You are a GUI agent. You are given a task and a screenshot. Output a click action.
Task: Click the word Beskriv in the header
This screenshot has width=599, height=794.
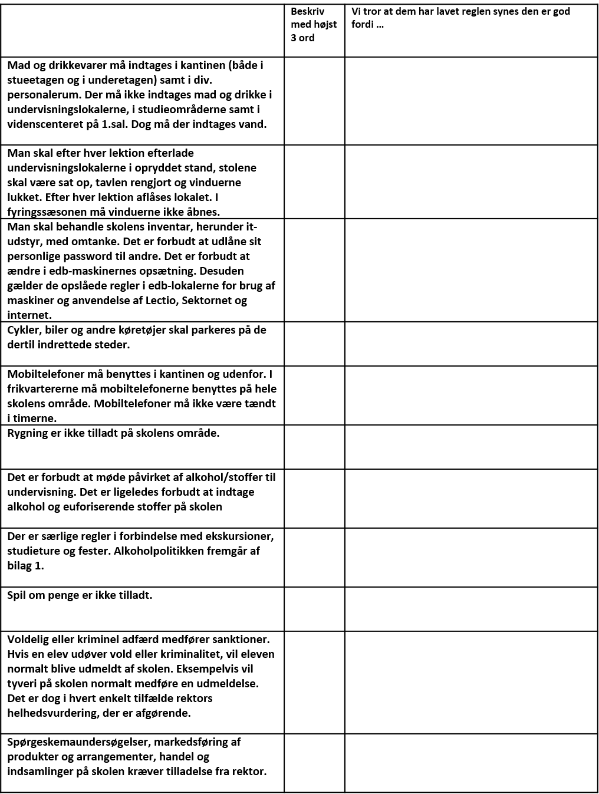pyautogui.click(x=307, y=11)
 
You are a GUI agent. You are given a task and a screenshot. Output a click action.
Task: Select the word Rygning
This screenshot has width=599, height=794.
pyautogui.click(x=28, y=433)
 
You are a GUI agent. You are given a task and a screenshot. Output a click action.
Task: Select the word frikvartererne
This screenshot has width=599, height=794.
pyautogui.click(x=45, y=389)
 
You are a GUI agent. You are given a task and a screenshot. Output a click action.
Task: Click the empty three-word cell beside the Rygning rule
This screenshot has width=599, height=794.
pyautogui.click(x=314, y=447)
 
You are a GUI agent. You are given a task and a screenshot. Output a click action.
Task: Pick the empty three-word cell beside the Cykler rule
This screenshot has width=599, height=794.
pyautogui.click(x=314, y=344)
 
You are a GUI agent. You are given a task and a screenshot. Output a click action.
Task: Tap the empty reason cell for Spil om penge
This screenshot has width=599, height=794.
pyautogui.click(x=471, y=609)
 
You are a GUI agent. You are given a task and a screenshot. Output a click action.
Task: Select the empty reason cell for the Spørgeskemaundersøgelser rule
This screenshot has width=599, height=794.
pyautogui.click(x=471, y=763)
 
